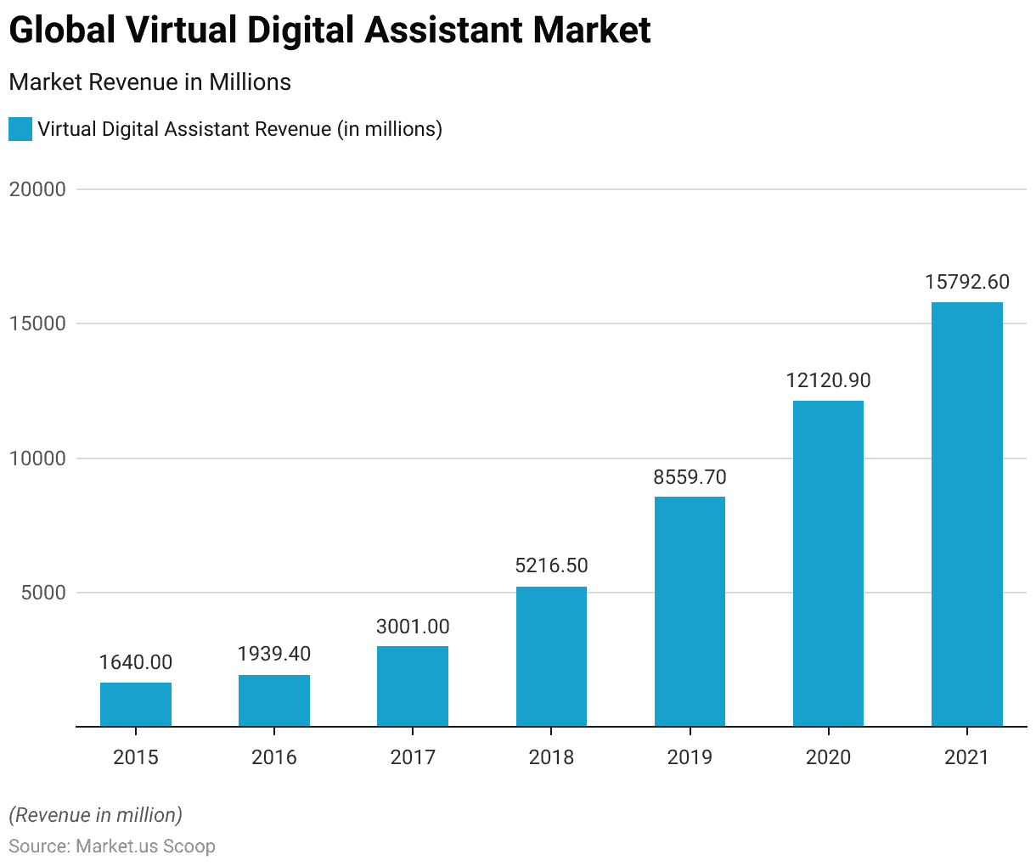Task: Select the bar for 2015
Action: (x=136, y=705)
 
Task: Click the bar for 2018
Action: (x=551, y=656)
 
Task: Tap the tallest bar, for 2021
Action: (x=966, y=515)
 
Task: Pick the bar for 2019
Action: (x=690, y=611)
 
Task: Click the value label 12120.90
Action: (x=828, y=380)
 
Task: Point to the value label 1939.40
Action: (x=274, y=654)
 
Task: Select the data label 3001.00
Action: (x=413, y=627)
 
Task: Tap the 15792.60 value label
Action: (x=966, y=282)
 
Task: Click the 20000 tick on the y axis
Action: (x=37, y=189)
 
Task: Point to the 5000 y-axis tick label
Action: (x=43, y=593)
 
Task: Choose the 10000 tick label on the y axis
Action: (x=37, y=458)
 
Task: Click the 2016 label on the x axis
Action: (x=274, y=756)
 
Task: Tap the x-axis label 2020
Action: (x=828, y=756)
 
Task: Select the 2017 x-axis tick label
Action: (x=413, y=756)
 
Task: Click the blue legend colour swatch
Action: (x=20, y=129)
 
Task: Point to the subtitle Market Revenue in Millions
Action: (x=150, y=82)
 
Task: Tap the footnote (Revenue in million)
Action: (x=96, y=815)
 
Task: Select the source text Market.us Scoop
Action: (x=145, y=846)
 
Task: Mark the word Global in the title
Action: (x=62, y=31)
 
